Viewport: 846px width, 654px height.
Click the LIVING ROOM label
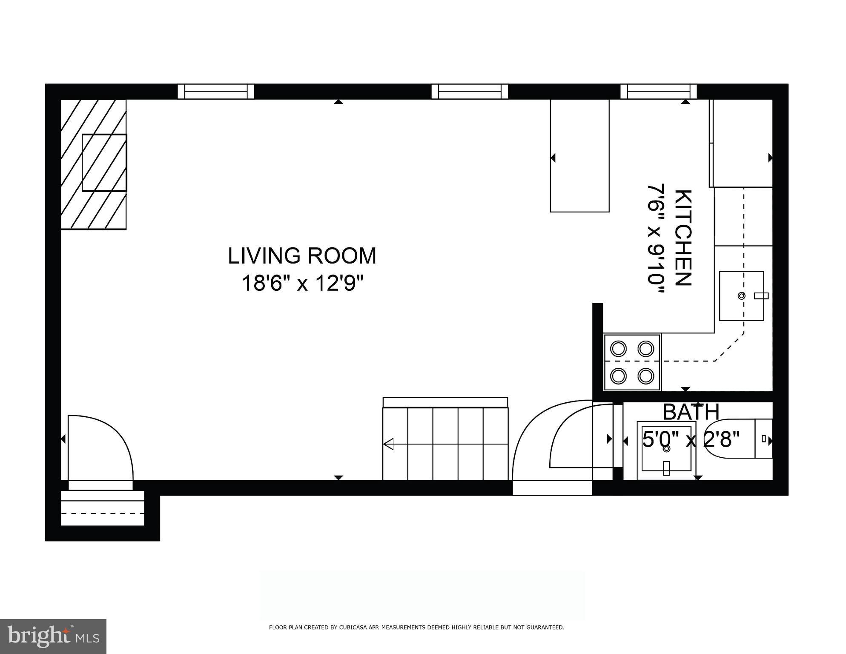tap(302, 256)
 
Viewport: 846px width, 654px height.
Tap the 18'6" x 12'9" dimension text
tap(303, 283)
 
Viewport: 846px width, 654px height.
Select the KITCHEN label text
tap(684, 238)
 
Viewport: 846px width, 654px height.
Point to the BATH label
tap(691, 412)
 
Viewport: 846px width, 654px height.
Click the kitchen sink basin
tap(741, 296)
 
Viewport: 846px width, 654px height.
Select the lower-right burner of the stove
tap(645, 376)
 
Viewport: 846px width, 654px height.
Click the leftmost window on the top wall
tap(215, 92)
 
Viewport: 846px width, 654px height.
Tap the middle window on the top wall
tap(470, 92)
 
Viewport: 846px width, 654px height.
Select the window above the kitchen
tap(659, 92)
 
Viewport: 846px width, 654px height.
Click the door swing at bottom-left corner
tap(100, 447)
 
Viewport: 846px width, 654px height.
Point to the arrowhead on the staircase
tap(388, 444)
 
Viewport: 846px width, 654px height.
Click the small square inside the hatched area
tap(104, 163)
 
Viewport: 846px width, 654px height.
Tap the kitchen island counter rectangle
tap(579, 155)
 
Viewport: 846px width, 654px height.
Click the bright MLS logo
tap(53, 636)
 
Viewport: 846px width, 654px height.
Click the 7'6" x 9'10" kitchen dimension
tap(656, 238)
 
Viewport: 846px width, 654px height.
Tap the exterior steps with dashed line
tap(103, 508)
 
